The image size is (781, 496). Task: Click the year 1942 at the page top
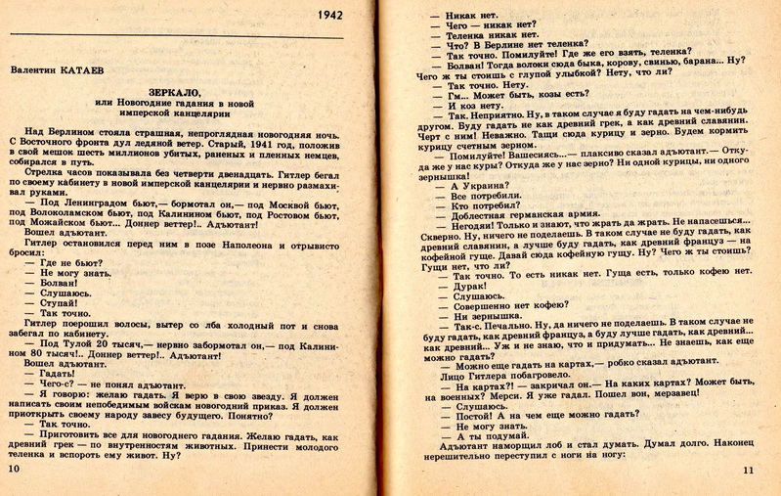point(332,17)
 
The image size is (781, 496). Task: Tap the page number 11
point(749,472)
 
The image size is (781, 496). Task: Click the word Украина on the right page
point(484,184)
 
